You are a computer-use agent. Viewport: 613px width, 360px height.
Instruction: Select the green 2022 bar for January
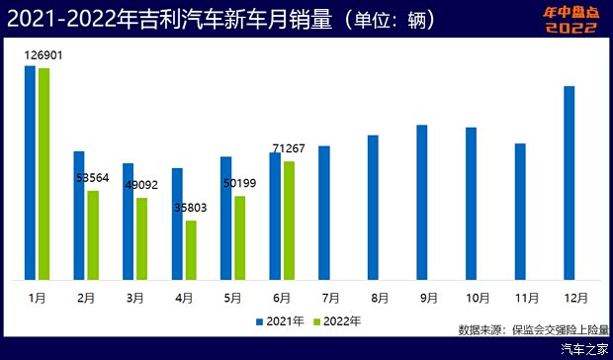[44, 173]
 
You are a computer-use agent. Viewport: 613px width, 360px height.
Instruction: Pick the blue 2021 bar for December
[569, 182]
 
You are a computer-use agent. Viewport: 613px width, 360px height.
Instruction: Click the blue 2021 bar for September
[421, 202]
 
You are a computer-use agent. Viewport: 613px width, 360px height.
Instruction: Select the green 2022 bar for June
[289, 220]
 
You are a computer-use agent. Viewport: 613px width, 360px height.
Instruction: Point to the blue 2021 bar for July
[323, 212]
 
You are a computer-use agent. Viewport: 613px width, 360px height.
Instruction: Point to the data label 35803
[191, 208]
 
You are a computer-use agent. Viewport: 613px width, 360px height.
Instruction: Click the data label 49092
[142, 185]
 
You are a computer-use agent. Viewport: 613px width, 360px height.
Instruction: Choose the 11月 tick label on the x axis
[526, 297]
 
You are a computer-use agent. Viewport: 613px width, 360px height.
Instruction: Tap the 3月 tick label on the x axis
[134, 297]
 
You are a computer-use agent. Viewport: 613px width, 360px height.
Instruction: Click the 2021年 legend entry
[280, 321]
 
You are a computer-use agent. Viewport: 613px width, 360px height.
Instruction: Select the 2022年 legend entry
[336, 321]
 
